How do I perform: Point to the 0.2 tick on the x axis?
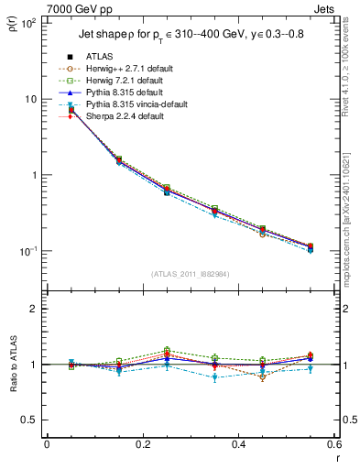click(x=143, y=445)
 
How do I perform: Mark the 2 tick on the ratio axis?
click(x=34, y=310)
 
